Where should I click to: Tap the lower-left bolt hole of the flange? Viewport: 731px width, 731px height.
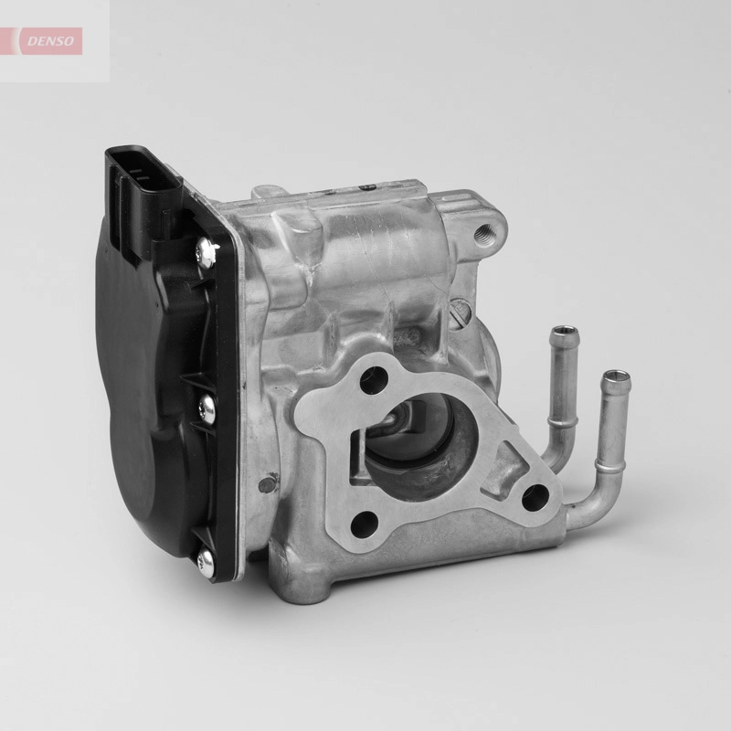[364, 523]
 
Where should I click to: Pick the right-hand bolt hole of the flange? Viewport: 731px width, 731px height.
[534, 496]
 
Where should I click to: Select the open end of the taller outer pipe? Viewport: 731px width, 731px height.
[617, 376]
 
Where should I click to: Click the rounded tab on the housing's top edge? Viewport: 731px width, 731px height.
[266, 193]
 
